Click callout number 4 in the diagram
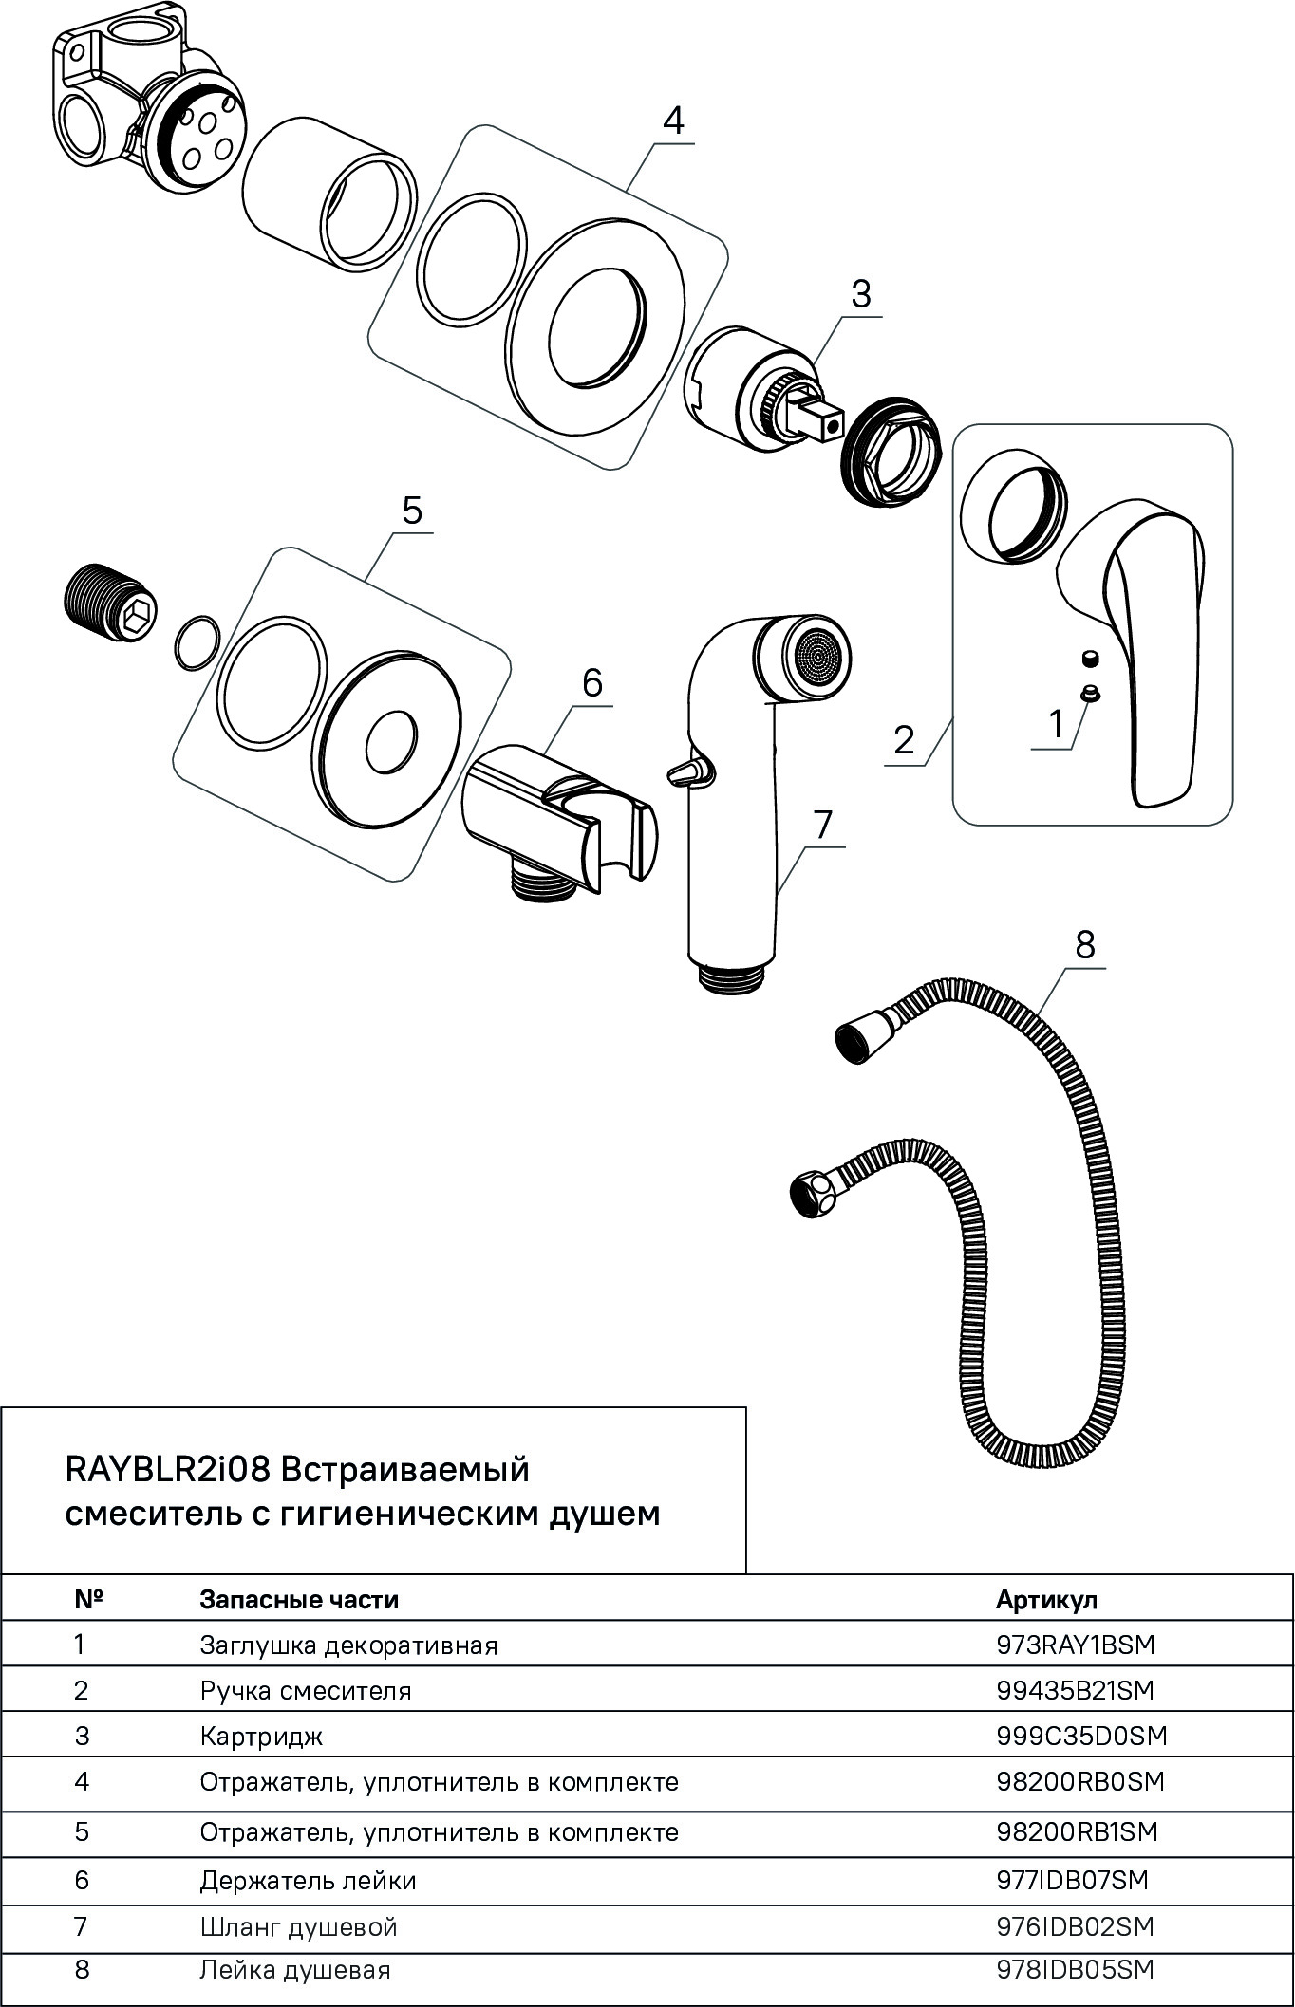672,121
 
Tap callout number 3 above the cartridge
860,294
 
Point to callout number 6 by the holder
591,682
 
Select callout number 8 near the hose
1084,944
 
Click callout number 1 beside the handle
1056,725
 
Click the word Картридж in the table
261,1737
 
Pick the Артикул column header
1046,1599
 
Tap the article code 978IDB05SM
1075,1969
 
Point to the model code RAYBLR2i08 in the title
169,1471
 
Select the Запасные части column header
299,1599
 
